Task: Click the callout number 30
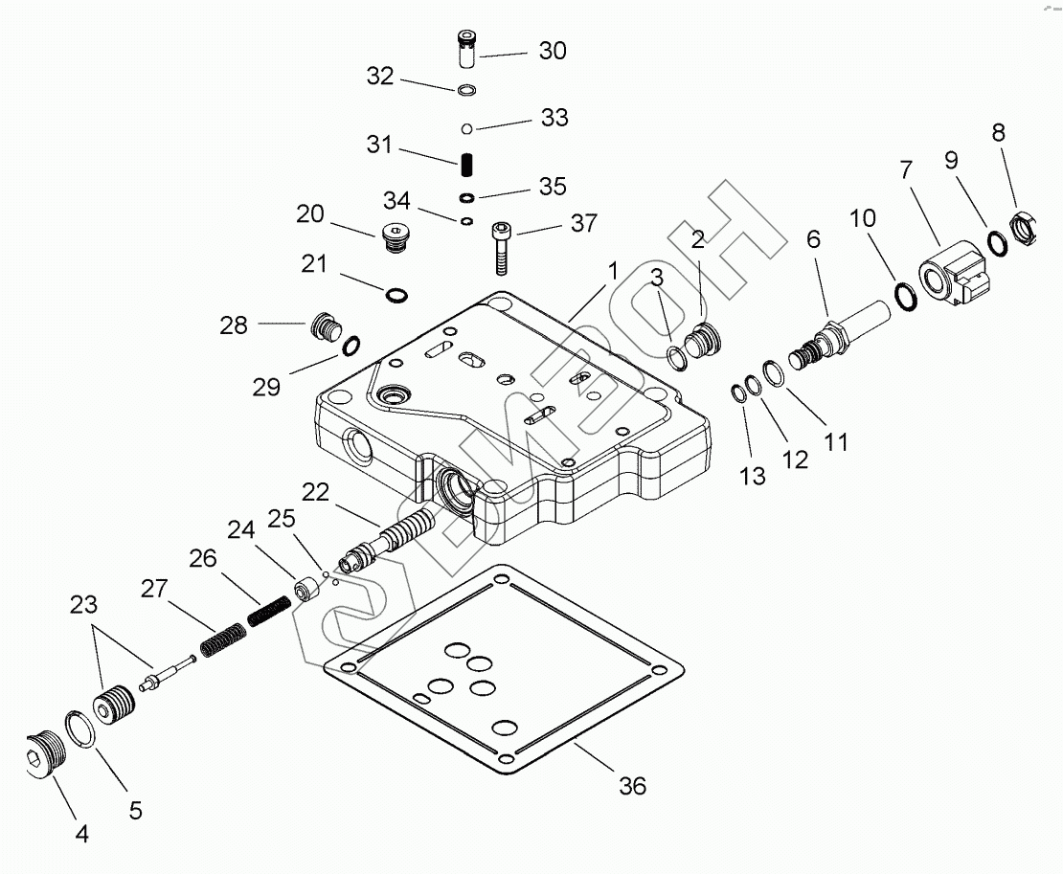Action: click(x=553, y=51)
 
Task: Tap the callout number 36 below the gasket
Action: click(x=632, y=786)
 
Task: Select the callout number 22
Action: click(x=315, y=492)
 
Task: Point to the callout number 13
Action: click(x=753, y=477)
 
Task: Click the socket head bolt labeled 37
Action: click(x=500, y=249)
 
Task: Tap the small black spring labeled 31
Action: click(x=466, y=165)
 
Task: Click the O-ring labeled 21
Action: click(x=396, y=295)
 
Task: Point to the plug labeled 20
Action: click(x=395, y=237)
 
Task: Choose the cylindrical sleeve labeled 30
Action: click(x=465, y=49)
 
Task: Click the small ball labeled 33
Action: click(x=466, y=128)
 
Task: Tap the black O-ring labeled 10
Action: click(x=906, y=296)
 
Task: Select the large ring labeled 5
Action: click(x=80, y=729)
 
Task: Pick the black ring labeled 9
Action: click(x=997, y=243)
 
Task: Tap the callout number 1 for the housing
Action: click(x=613, y=271)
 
